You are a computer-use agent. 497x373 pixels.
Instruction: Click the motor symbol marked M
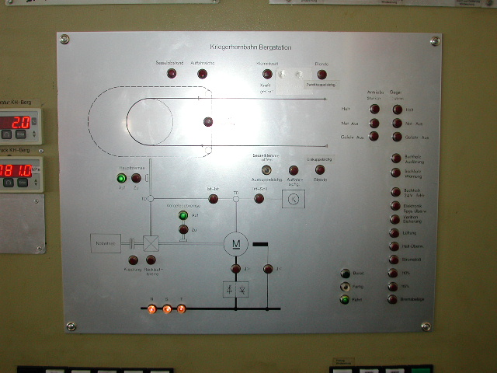coord(235,244)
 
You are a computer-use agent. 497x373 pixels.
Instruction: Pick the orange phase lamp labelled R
coord(152,309)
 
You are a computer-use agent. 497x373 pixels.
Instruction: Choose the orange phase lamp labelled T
coord(182,309)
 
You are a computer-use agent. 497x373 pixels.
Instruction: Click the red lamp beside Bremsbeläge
coord(394,299)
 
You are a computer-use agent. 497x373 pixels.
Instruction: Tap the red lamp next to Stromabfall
coord(394,260)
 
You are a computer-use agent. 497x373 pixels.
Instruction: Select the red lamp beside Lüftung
coord(394,232)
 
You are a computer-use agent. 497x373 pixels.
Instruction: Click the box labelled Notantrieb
coord(106,243)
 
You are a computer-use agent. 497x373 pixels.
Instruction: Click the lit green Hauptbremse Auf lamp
coord(121,178)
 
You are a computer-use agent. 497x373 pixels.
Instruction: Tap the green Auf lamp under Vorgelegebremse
coord(183,215)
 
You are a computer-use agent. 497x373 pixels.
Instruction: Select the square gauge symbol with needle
coord(292,199)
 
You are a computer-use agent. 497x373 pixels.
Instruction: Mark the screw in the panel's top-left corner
coord(64,39)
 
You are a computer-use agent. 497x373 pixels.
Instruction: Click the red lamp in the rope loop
coord(207,121)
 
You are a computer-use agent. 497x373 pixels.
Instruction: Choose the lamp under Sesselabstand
coord(172,74)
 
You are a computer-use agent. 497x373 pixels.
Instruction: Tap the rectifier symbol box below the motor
coord(236,289)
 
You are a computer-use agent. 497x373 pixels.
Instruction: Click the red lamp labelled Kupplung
coord(133,260)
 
